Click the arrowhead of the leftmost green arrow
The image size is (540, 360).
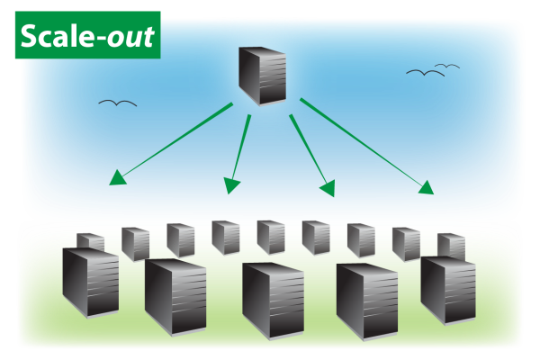116,178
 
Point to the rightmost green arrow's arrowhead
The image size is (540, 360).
426,188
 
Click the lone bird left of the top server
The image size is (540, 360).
118,103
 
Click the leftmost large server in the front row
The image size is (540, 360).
90,282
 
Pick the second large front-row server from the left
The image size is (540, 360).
175,296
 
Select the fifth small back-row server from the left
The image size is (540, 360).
271,237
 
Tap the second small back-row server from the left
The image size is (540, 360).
135,243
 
